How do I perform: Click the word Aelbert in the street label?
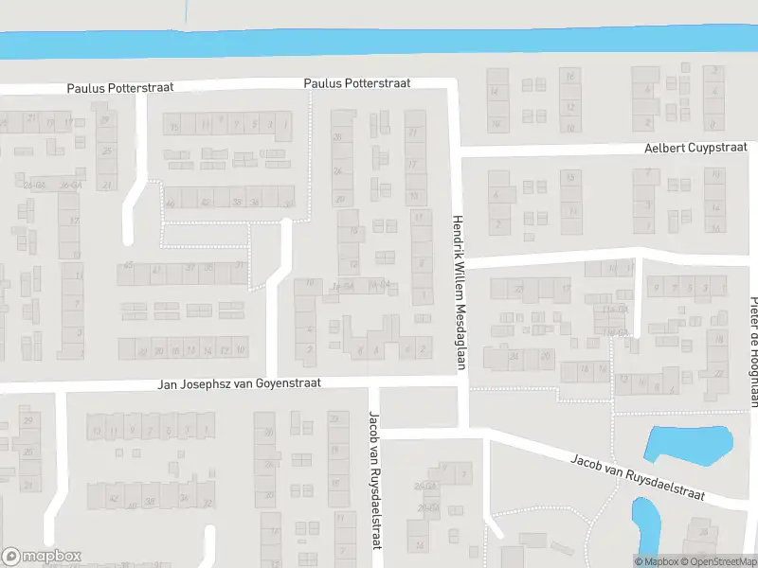click(664, 149)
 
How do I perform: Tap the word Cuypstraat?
click(716, 148)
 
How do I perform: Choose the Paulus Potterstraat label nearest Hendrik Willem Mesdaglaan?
click(356, 83)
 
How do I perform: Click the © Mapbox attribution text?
click(655, 561)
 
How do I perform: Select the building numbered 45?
click(129, 265)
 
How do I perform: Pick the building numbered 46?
click(170, 203)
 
